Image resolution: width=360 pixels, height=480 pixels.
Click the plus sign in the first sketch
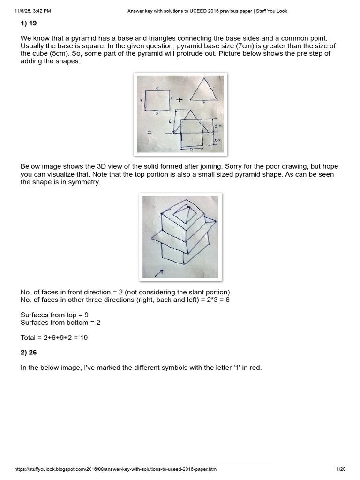tap(179, 99)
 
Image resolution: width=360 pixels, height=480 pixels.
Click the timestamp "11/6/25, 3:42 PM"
tap(32, 11)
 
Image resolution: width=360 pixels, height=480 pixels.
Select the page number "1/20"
tap(341, 469)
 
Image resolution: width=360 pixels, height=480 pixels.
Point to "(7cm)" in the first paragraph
tap(247, 46)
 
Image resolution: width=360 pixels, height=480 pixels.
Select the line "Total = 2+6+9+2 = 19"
tap(54, 337)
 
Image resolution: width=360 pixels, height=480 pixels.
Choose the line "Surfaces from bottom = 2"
tap(60, 322)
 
